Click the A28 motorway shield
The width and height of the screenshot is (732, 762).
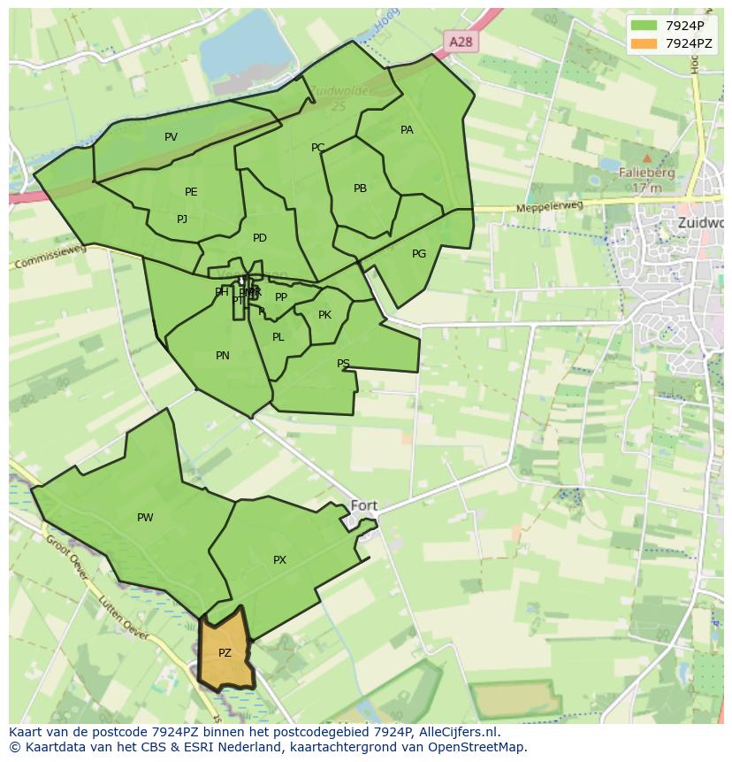tap(460, 42)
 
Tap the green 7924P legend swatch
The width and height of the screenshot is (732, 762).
tap(644, 25)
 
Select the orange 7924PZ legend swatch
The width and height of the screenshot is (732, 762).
tap(644, 42)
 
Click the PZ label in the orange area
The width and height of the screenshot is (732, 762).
tap(225, 653)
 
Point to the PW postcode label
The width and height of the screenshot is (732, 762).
tap(145, 518)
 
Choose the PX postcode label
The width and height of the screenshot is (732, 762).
tap(279, 560)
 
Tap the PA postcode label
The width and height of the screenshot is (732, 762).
tap(407, 130)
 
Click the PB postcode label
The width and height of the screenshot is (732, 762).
tap(360, 189)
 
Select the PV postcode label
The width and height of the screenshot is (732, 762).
tap(171, 137)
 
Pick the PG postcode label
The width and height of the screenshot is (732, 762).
tap(419, 254)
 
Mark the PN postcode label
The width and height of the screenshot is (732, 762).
tap(223, 356)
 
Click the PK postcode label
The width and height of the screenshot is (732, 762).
tap(324, 315)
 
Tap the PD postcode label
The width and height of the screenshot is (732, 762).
tap(259, 238)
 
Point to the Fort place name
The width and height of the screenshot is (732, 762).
tap(364, 506)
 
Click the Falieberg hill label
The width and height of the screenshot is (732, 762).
tap(647, 173)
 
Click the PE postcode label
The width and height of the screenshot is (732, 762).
tap(191, 192)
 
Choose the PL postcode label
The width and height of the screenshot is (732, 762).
tap(278, 337)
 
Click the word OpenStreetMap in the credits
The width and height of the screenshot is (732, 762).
tap(477, 747)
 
